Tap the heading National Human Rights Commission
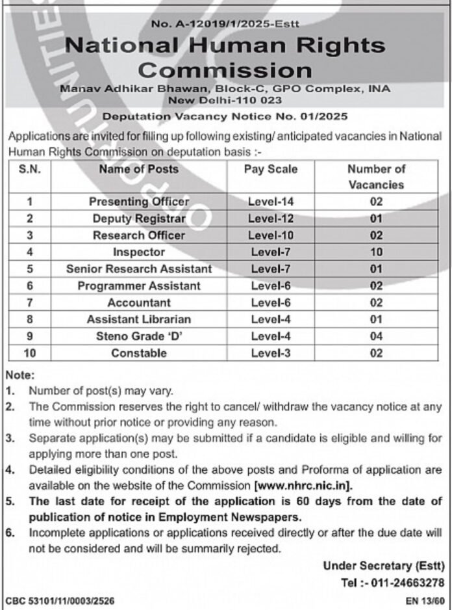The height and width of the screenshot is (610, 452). pos(226,57)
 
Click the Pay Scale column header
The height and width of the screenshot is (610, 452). pos(271,169)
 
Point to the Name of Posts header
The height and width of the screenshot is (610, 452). pos(138,169)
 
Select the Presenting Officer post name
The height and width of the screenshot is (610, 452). pos(139,202)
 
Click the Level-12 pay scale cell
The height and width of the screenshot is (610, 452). pos(271,219)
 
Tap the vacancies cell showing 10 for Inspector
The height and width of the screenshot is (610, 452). pos(376,252)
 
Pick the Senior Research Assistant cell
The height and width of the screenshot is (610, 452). pos(139,269)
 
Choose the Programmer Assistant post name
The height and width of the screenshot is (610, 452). pos(139,285)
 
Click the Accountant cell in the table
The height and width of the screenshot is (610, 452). pos(139,302)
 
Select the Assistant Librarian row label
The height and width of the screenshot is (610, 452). pos(139,319)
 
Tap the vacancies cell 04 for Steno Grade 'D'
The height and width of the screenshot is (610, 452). pos(376,336)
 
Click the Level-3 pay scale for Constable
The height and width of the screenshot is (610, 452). pos(271,353)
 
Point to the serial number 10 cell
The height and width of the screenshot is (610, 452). pos(29,353)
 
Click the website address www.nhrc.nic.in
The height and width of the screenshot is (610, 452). pos(305,485)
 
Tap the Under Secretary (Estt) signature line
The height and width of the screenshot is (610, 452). pos(384,566)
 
